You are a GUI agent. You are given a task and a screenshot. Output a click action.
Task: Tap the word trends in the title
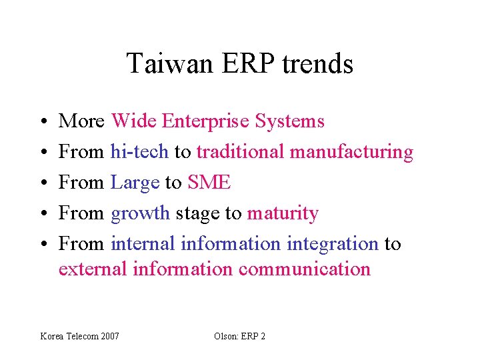[x=317, y=64]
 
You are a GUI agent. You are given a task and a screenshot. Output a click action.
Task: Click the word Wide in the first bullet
[x=134, y=121]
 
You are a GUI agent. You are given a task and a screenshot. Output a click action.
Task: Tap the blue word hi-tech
[x=139, y=152]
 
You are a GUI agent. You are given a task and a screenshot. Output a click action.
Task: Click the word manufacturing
[x=351, y=153]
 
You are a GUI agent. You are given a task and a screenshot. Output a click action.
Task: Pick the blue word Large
[x=135, y=183]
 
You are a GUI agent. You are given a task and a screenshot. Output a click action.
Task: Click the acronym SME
[x=210, y=183]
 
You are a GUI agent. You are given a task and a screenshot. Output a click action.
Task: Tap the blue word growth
[x=141, y=214]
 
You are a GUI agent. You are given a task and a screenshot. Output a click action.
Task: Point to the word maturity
[x=283, y=213]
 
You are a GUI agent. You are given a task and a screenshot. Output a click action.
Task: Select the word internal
[x=143, y=244]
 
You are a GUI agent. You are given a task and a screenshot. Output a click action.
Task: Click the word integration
[x=333, y=245]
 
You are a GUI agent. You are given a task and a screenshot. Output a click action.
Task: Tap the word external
[x=93, y=269]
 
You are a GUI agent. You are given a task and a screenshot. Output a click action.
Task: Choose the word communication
[x=304, y=269]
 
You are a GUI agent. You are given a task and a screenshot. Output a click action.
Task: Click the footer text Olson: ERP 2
[x=239, y=336]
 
